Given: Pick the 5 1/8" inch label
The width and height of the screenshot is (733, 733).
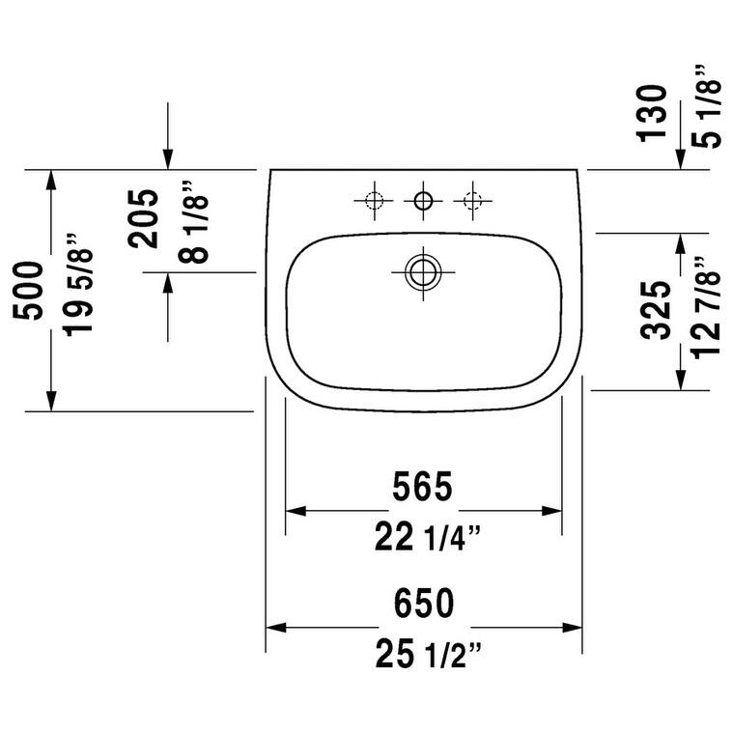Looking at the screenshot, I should click(704, 106).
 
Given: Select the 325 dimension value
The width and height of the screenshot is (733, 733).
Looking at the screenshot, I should click(657, 310).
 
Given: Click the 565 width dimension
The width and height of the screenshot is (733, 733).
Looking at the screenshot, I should click(423, 487).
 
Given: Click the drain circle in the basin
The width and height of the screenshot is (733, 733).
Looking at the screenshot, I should click(422, 271).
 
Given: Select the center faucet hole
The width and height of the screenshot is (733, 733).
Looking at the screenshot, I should click(422, 201).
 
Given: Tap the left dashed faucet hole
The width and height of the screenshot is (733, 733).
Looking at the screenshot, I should click(375, 201).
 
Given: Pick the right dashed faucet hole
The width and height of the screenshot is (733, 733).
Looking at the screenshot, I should click(471, 201).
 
